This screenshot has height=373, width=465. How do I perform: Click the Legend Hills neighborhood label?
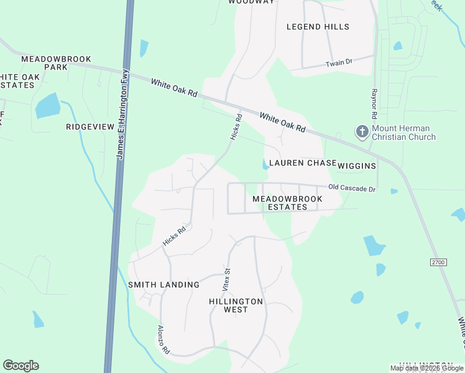point(318,27)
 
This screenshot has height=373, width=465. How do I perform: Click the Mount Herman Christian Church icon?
point(362,132)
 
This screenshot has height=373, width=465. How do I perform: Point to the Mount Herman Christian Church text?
point(403,133)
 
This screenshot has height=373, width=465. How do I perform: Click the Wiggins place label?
point(357,166)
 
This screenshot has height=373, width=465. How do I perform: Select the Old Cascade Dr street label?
point(352,188)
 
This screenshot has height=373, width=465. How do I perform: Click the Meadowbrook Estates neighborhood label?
point(287,203)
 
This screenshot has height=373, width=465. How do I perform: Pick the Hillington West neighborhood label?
point(236,305)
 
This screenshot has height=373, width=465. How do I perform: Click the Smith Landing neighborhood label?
point(163,285)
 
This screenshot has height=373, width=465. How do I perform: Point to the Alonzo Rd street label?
point(163,339)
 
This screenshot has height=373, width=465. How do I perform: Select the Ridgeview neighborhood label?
point(90,127)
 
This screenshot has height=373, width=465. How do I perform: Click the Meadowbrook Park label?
point(56,63)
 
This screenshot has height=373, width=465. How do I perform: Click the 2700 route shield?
point(438,262)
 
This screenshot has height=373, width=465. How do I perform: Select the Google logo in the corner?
point(21,366)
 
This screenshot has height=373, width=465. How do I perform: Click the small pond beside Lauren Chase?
point(265,165)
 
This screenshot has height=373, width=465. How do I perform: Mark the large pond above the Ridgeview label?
point(47,106)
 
